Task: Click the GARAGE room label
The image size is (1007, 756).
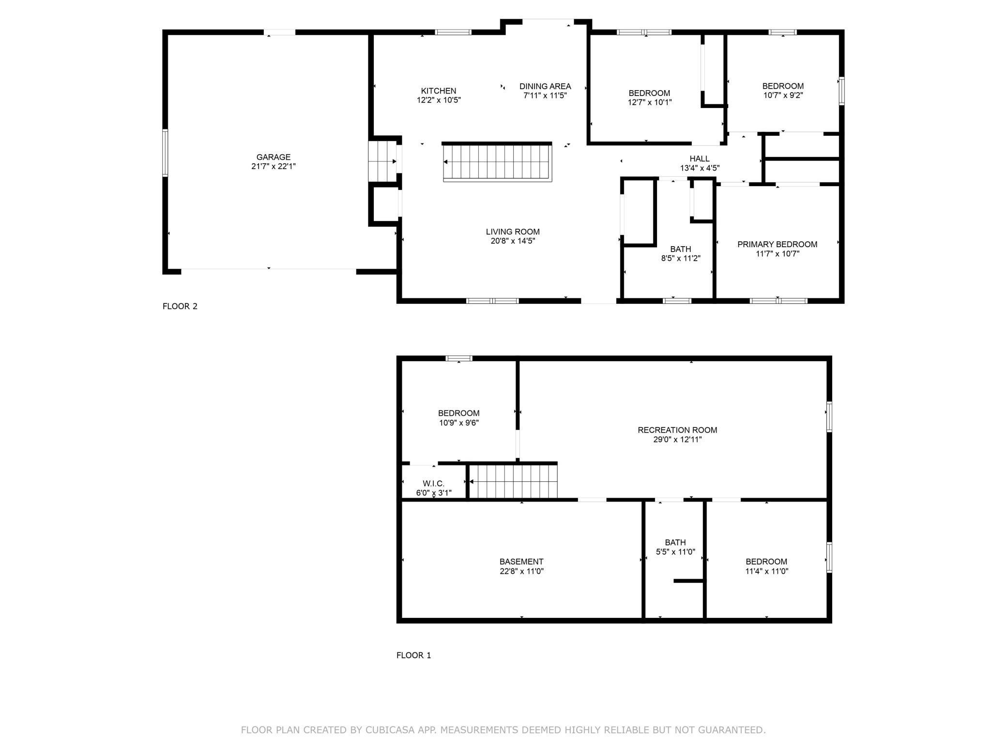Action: [274, 157]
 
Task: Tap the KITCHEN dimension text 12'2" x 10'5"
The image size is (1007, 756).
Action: [439, 100]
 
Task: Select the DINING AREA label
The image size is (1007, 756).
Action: [545, 86]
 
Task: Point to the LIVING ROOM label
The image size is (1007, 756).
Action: [513, 232]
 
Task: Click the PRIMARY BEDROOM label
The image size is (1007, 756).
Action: [777, 244]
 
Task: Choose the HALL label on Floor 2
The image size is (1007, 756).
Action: [700, 158]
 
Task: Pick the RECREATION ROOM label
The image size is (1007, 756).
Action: [677, 430]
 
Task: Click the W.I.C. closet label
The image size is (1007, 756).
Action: [433, 484]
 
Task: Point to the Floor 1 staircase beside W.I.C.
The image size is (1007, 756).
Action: [513, 482]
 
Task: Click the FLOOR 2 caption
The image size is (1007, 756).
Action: [180, 306]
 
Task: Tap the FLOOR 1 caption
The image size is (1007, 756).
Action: [413, 655]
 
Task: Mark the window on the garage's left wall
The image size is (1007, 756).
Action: [165, 153]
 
